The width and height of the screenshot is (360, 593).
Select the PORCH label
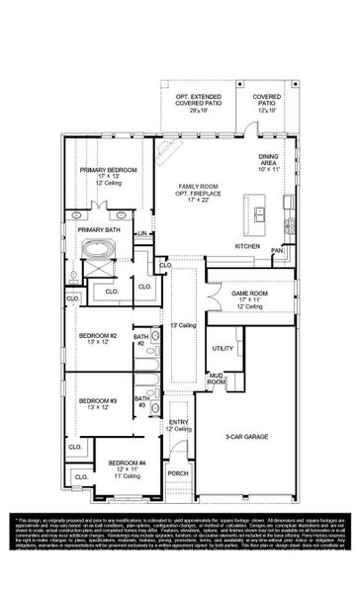click(x=178, y=473)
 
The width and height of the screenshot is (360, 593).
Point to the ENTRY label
click(x=178, y=422)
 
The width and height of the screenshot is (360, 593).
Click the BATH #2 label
click(x=140, y=340)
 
